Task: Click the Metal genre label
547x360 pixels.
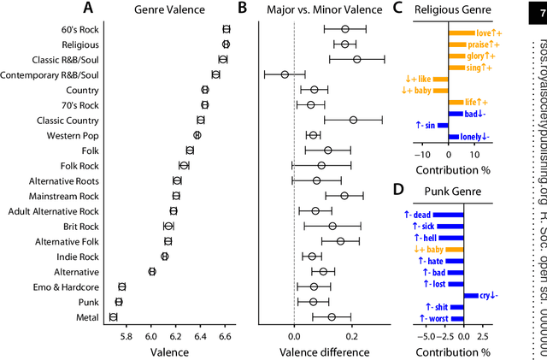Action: point(85,318)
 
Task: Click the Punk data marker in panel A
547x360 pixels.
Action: point(119,302)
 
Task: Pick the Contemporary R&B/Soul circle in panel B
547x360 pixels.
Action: point(285,74)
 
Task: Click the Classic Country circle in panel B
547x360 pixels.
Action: point(353,120)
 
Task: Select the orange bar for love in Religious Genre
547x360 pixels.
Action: point(462,33)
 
